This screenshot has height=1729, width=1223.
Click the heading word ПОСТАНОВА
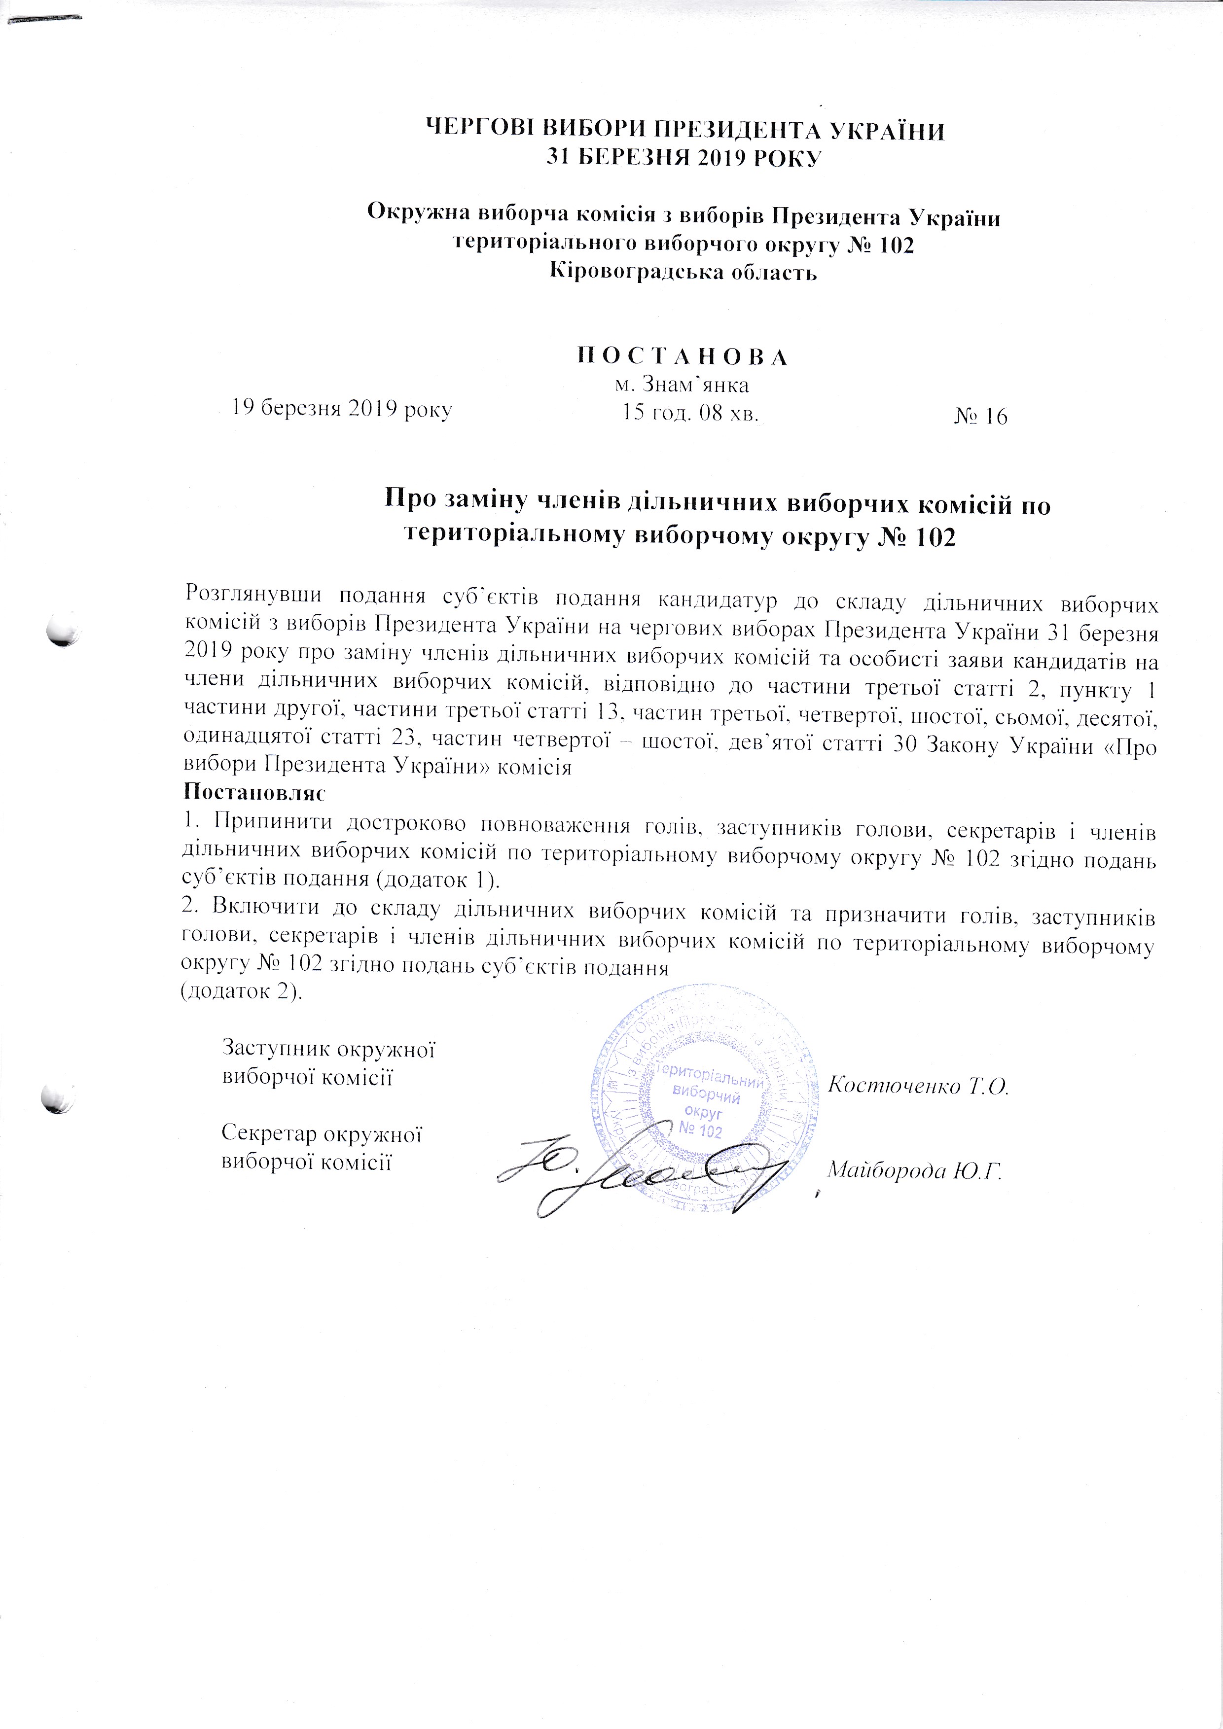683,357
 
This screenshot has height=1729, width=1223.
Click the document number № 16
980,417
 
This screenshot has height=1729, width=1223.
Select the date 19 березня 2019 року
341,410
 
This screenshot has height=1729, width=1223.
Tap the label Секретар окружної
322,1134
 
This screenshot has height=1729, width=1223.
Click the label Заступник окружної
330,1048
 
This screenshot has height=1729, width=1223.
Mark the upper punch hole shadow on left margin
62,631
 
